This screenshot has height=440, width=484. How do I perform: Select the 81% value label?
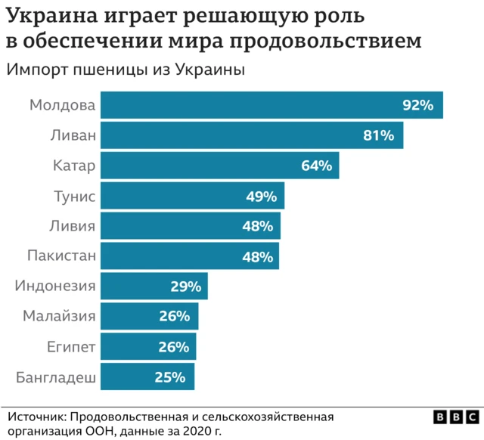coord(379,135)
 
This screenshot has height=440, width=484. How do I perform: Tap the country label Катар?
coord(74,166)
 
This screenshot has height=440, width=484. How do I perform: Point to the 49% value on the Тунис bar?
coord(261,196)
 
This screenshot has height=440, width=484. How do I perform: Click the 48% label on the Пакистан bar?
coord(257,256)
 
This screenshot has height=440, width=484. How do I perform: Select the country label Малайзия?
coord(59,317)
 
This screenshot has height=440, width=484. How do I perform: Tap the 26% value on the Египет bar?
coord(174,347)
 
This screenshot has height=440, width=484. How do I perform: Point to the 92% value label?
coord(417,105)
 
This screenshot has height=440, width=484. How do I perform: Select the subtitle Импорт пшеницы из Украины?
coord(126,70)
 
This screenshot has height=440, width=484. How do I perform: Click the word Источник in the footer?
coord(37,417)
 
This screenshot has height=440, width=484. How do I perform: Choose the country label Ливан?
coord(74,135)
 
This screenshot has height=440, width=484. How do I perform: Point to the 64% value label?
coord(316,166)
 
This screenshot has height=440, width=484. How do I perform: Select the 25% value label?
coord(170,377)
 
